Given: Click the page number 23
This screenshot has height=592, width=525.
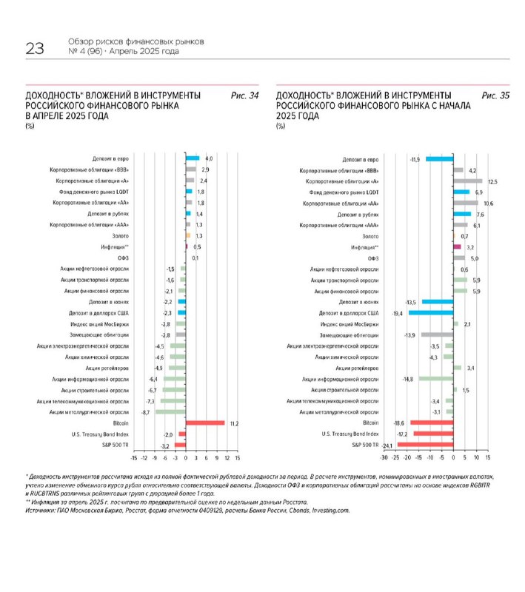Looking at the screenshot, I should point(35,49).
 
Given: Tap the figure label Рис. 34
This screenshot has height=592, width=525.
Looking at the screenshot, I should point(244,95).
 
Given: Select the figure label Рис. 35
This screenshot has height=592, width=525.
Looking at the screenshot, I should point(495,95).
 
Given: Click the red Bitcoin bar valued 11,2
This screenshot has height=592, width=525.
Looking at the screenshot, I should point(205,423).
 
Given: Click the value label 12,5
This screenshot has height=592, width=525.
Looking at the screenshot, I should point(491,181).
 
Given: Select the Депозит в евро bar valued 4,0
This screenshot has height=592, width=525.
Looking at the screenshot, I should point(193,158).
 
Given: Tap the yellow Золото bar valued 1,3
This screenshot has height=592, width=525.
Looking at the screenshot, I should point(188,235).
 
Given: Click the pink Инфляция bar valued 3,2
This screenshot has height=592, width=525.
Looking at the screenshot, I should point(458,247).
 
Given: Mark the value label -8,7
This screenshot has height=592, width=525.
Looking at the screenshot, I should point(147,411).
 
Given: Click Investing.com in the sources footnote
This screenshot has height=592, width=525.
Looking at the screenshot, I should point(332,510).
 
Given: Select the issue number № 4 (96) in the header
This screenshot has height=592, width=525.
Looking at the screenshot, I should point(84,52).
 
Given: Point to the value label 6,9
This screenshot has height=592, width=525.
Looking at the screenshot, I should point(478,192).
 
